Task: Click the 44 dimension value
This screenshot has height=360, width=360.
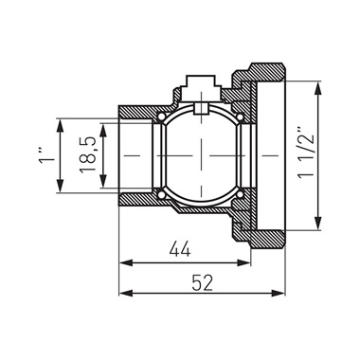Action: click(x=180, y=249)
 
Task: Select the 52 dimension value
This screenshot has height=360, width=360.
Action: click(x=203, y=283)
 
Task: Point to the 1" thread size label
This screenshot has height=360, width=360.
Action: click(x=46, y=155)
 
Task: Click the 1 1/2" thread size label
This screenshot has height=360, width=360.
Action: click(x=306, y=153)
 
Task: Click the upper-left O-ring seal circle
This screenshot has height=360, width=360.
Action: click(x=161, y=117)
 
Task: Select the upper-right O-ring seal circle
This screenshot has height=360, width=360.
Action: click(x=240, y=117)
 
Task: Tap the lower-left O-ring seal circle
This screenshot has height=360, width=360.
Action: click(x=161, y=194)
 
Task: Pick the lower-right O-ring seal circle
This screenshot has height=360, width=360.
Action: click(x=240, y=194)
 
